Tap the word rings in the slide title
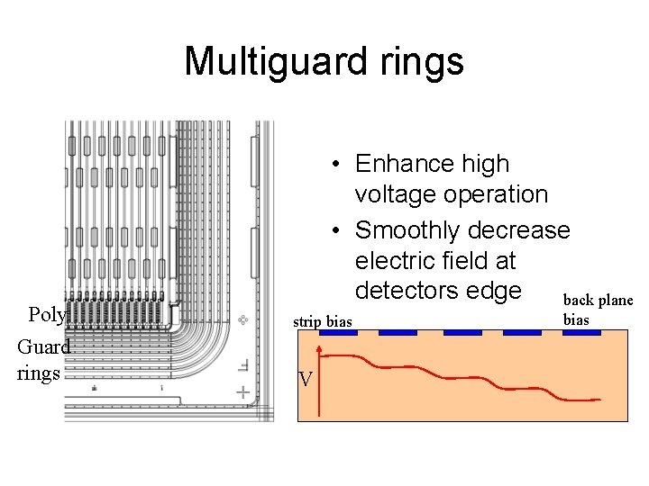pos(423,62)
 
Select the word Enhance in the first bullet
pos(405,164)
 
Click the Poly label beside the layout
pos(46,315)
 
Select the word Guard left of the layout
pos(43,347)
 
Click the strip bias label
pos(323,321)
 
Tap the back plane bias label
pos(598,309)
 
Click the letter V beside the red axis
pos(306,380)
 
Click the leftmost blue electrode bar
pos(339,332)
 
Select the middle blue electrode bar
pos(462,332)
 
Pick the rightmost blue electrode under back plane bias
pos(581,332)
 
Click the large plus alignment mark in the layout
pos(242,391)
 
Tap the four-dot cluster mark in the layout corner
pos(242,319)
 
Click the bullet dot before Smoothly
pos(334,231)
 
